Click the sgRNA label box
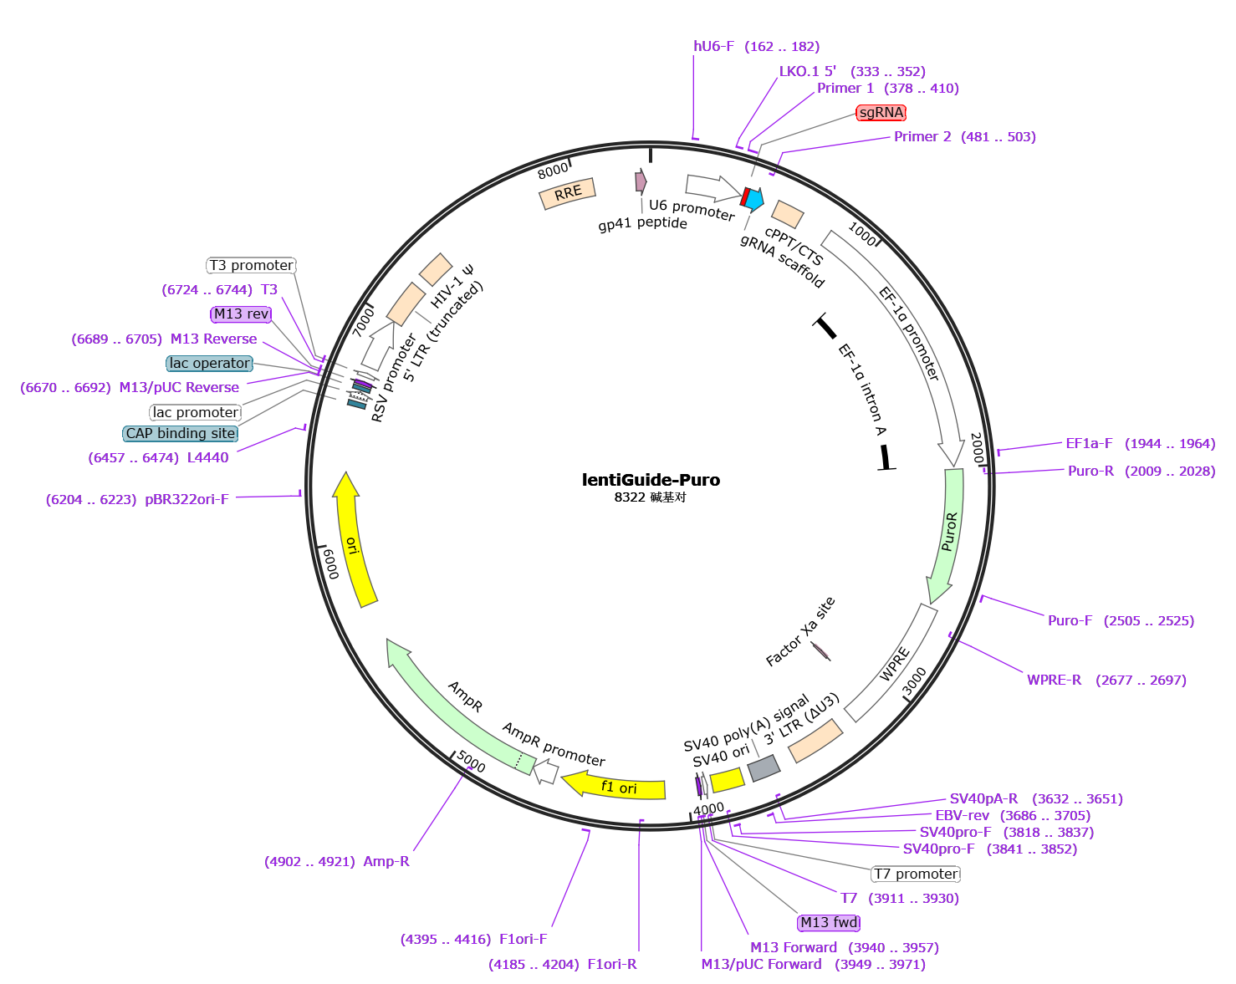point(881,113)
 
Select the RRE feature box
point(567,193)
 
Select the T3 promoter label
point(252,265)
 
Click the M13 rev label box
point(242,314)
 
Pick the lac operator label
point(210,363)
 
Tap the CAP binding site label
point(181,433)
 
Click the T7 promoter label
point(916,874)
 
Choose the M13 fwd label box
point(829,922)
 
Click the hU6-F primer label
point(713,47)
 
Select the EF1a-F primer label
point(1089,443)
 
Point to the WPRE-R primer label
point(1054,680)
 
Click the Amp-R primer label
point(386,861)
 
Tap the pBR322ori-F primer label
point(186,499)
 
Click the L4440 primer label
point(207,457)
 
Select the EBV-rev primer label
point(962,815)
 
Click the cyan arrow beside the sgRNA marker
point(754,199)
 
